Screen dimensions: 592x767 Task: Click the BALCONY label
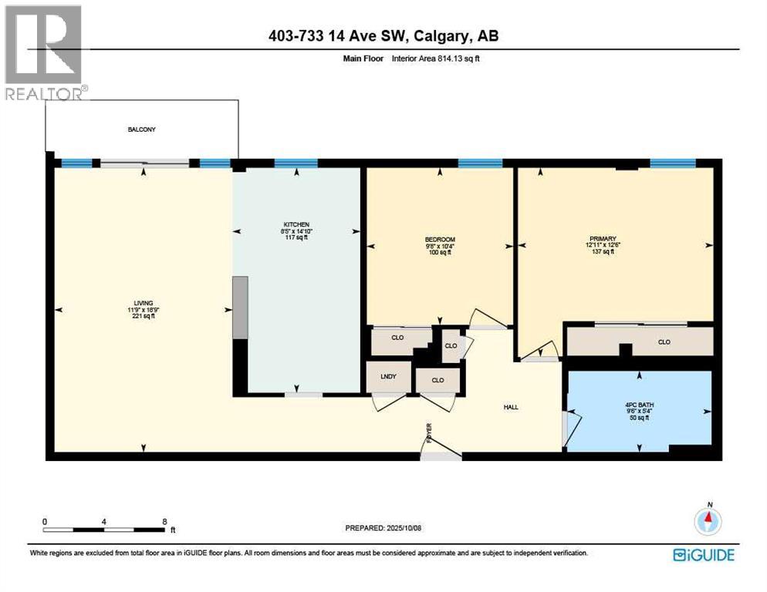click(141, 129)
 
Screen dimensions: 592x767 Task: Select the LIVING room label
click(142, 303)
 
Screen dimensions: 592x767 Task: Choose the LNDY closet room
click(388, 376)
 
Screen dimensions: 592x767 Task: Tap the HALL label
click(510, 406)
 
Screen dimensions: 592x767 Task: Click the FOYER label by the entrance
click(429, 433)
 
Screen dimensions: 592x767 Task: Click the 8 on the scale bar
click(164, 521)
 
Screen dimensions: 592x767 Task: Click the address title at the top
click(383, 35)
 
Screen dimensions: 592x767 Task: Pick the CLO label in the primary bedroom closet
click(664, 341)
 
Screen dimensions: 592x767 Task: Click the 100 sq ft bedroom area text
click(440, 252)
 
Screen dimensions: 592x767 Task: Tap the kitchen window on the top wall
click(296, 163)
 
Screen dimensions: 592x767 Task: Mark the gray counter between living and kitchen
click(241, 308)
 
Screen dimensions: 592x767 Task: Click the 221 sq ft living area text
click(142, 316)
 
